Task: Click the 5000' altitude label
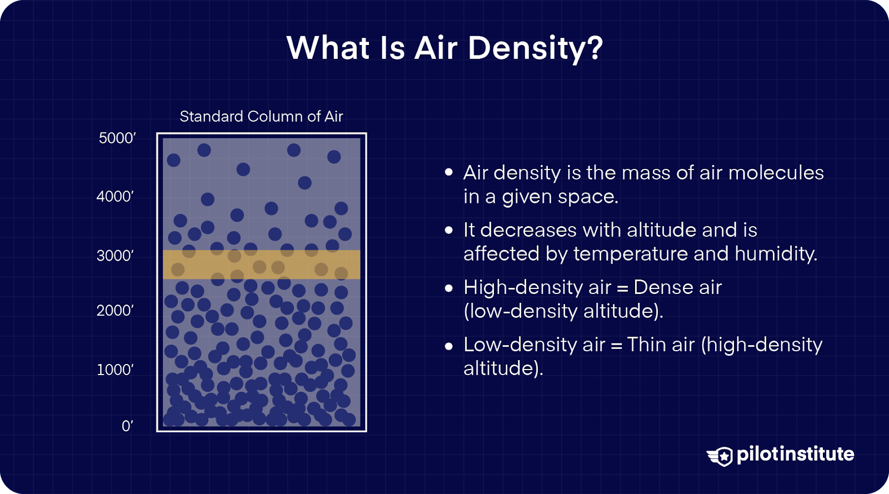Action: (x=117, y=138)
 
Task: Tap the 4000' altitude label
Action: (x=115, y=197)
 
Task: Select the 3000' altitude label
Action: (x=115, y=256)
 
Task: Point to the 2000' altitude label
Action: (x=115, y=310)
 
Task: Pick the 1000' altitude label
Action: (x=115, y=370)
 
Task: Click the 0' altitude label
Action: (x=127, y=426)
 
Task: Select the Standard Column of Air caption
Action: (x=261, y=117)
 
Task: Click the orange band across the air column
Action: (x=261, y=265)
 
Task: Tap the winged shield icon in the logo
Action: (x=721, y=456)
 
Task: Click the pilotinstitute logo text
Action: (x=795, y=454)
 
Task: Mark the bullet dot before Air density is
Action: (x=449, y=173)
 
